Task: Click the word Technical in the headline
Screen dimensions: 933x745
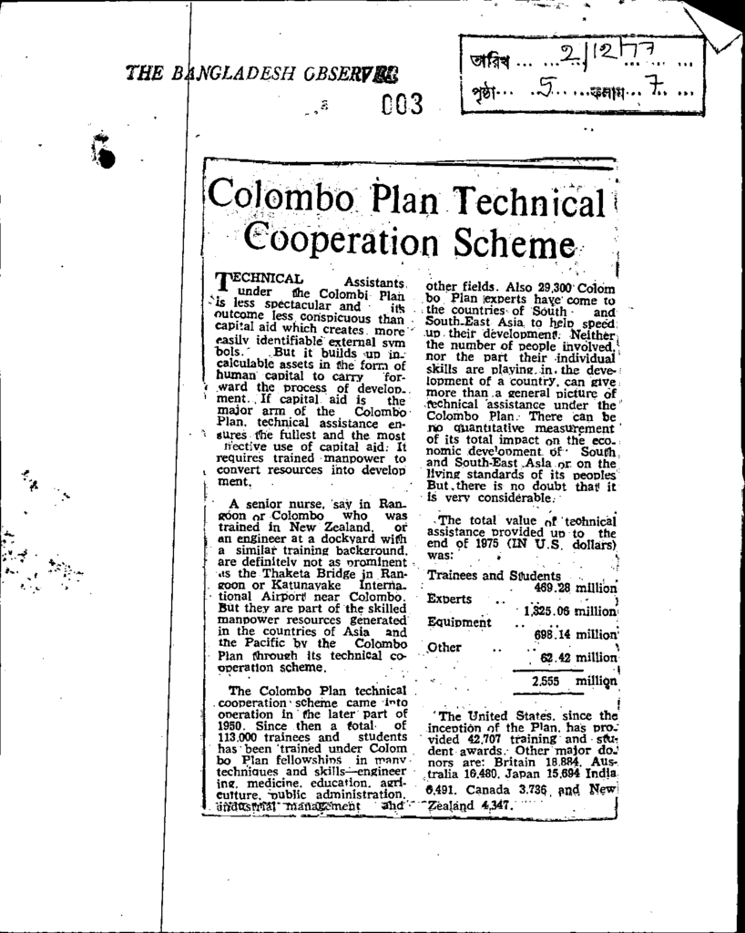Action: (x=526, y=199)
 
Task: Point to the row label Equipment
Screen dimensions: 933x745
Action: (x=460, y=623)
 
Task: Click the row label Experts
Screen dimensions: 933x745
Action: (x=449, y=600)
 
